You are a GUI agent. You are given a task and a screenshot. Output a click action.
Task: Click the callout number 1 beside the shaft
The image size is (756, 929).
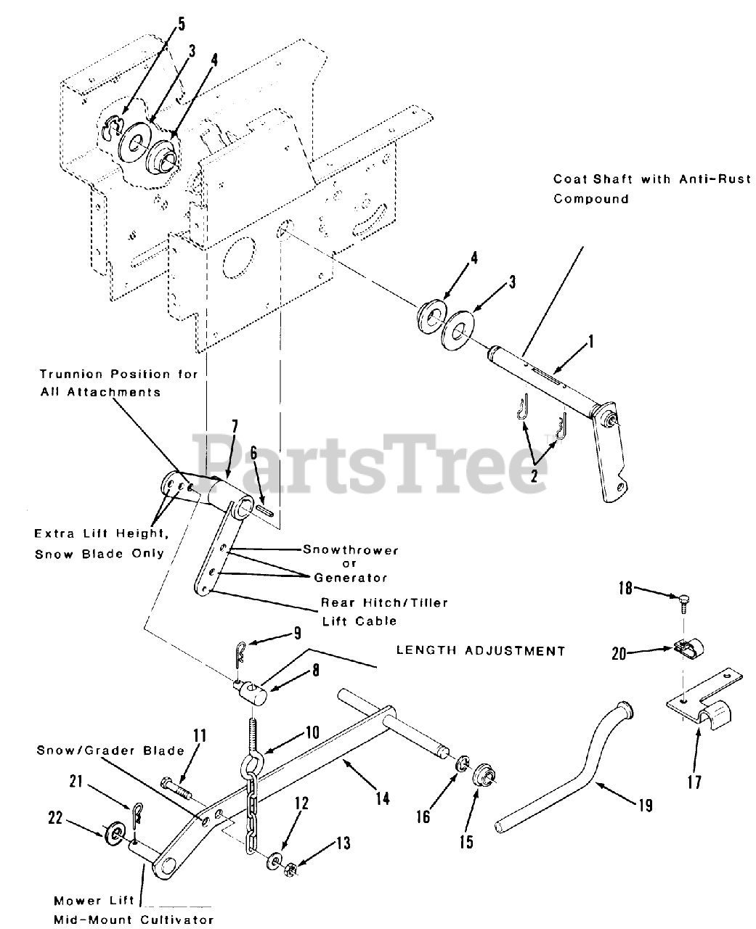(590, 340)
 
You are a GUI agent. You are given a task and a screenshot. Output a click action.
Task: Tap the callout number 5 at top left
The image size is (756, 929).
(182, 24)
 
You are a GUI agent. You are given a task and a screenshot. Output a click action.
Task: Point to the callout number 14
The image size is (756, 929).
(383, 798)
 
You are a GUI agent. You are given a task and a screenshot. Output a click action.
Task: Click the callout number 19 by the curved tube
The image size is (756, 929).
(646, 805)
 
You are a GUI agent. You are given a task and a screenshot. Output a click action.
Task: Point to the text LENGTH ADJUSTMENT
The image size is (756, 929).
(481, 650)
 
